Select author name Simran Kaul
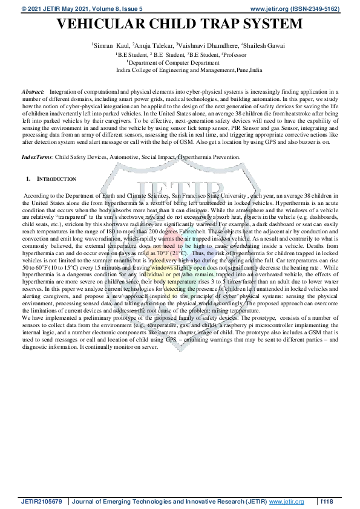coord(110,45)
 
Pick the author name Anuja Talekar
coord(151,45)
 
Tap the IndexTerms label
coord(37,157)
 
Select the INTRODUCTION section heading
coord(57,180)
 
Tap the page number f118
coord(327,501)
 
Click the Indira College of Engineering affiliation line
coord(189,70)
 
